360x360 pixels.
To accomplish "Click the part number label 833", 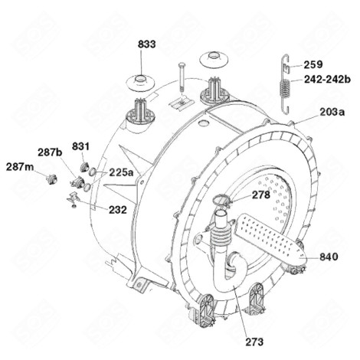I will click(147, 45).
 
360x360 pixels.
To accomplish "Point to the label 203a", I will click(331, 112).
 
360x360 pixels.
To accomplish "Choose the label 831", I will click(82, 146).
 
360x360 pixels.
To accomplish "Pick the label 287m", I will click(20, 166).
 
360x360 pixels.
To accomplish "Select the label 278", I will click(260, 195).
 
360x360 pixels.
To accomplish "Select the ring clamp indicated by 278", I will click(219, 201).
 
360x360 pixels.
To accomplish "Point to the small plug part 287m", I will click(51, 178).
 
